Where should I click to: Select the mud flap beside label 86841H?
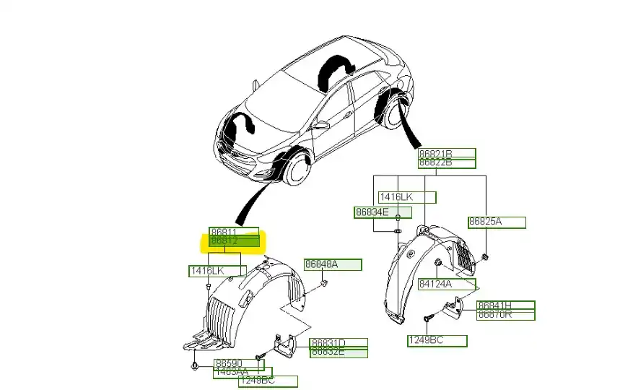(x=453, y=311)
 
